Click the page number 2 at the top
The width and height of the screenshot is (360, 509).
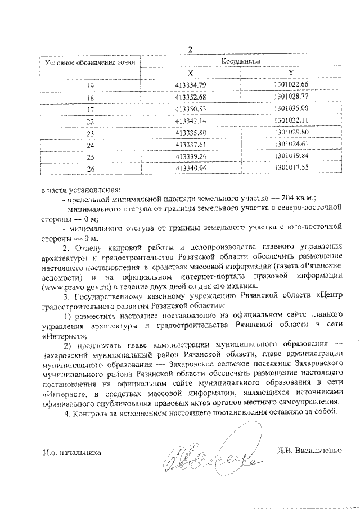pos(190,49)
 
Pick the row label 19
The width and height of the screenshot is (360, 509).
pos(90,85)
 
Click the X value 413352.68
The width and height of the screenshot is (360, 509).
pos(191,97)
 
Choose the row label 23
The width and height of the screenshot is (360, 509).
pos(90,132)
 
